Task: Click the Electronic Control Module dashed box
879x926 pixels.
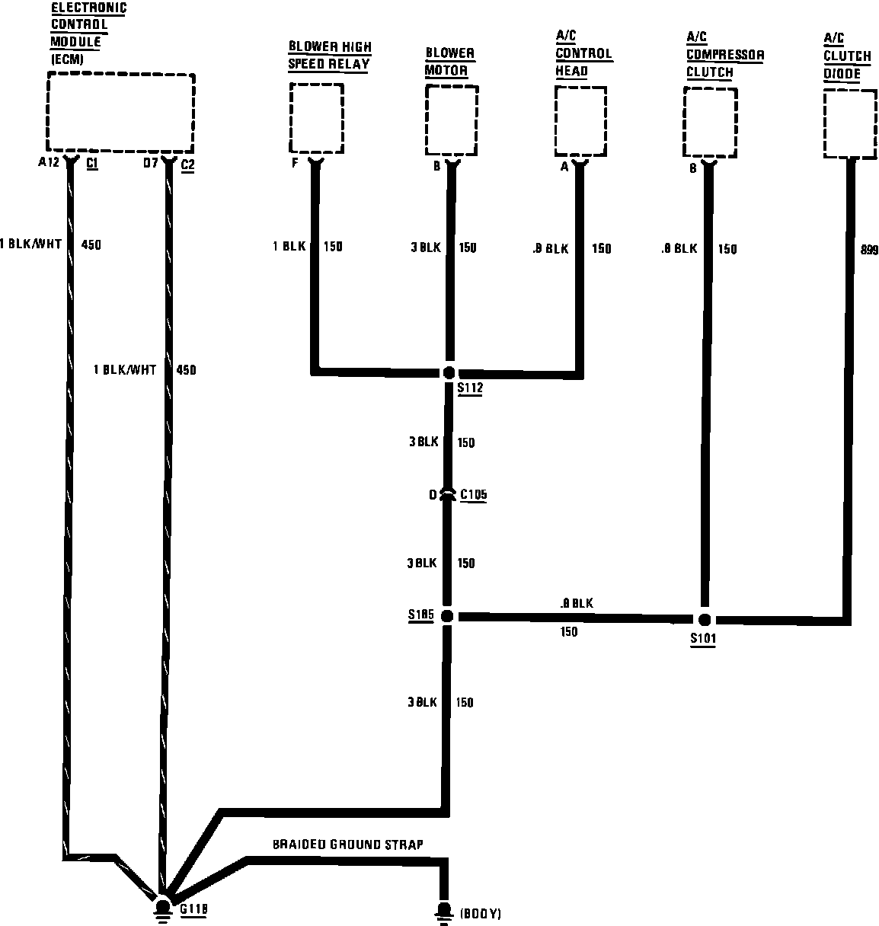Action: [x=120, y=112]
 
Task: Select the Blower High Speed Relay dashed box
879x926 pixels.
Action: [x=316, y=118]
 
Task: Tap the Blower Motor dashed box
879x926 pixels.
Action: [x=451, y=120]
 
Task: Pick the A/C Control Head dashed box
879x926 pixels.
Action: [x=580, y=121]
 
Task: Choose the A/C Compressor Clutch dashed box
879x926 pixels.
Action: [x=710, y=123]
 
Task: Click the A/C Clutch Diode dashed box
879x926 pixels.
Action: [x=849, y=123]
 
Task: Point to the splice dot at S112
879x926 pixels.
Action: [x=449, y=372]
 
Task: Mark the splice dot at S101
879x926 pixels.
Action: [x=705, y=620]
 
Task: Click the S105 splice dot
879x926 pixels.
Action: [x=447, y=616]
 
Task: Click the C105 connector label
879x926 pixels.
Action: [x=474, y=495]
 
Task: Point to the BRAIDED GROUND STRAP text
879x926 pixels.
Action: [x=347, y=845]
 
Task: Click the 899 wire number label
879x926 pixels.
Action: [x=868, y=250]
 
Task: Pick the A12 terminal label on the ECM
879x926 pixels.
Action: [x=48, y=162]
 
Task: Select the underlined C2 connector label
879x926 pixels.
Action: [x=188, y=163]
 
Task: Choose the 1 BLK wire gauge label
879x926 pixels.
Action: [x=289, y=247]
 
